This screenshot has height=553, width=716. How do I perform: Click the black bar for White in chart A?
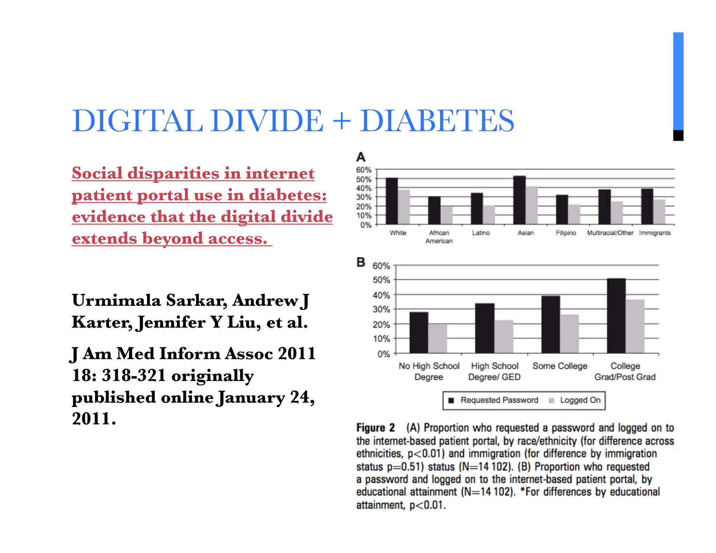click(392, 201)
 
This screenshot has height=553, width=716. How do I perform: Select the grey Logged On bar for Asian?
click(532, 205)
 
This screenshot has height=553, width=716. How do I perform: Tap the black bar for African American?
click(434, 210)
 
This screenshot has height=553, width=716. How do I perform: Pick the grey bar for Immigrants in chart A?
click(659, 212)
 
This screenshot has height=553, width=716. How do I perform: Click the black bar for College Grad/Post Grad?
click(616, 316)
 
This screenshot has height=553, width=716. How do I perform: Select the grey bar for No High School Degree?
click(438, 339)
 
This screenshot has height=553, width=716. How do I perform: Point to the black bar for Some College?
click(551, 324)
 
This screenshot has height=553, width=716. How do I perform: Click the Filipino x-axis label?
click(566, 233)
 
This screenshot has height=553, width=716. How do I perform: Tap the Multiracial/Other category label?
click(610, 233)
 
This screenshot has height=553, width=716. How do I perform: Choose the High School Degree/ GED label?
click(494, 371)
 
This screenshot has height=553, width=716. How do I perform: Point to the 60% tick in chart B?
click(381, 266)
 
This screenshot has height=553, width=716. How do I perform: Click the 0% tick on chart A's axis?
click(366, 225)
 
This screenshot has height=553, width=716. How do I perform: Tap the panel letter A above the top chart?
click(361, 157)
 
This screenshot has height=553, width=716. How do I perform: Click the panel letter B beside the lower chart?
click(361, 262)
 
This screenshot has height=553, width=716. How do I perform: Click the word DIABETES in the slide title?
click(437, 121)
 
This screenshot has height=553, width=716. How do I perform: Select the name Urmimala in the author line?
click(116, 300)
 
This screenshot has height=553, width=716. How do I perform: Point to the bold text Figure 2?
click(375, 428)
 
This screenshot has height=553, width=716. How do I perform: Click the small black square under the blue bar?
click(678, 136)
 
